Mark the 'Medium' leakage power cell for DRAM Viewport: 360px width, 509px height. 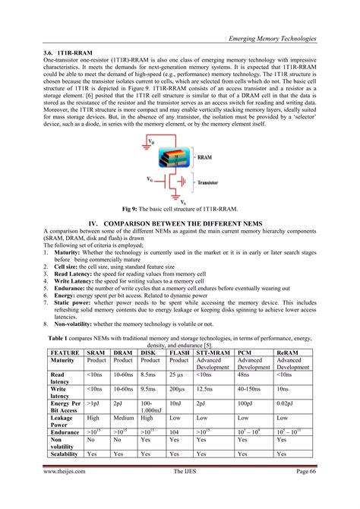[123, 418]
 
